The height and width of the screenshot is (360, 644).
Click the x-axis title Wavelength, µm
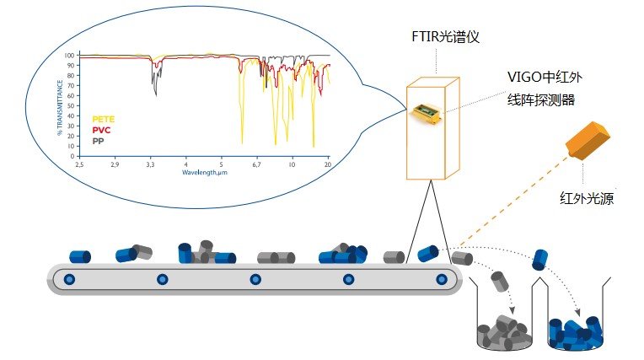coord(204,172)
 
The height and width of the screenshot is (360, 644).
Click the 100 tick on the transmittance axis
coord(72,55)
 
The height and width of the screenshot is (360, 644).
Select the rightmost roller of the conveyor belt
coord(440,279)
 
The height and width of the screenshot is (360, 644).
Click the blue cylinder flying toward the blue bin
coord(540,260)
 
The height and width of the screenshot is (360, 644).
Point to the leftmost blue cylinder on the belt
coord(80,255)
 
